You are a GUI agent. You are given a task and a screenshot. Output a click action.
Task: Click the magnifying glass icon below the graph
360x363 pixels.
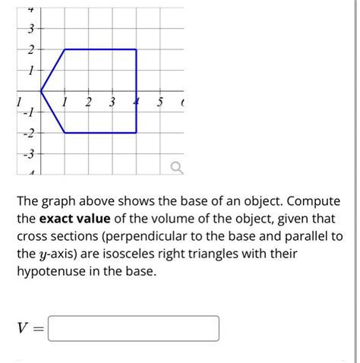(176, 166)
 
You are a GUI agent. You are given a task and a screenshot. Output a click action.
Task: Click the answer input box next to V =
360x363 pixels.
(134, 328)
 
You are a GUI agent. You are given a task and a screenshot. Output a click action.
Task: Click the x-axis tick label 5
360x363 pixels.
(160, 102)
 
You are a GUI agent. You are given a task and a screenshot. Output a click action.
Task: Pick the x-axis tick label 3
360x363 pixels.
(112, 102)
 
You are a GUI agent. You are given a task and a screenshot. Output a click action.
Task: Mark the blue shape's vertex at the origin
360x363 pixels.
(41, 91)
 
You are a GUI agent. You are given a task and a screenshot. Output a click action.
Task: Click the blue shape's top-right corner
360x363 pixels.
(137, 49)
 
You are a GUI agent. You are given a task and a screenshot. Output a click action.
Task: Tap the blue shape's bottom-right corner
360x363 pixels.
(137, 133)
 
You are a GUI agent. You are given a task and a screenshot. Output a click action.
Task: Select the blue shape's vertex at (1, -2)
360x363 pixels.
(65, 133)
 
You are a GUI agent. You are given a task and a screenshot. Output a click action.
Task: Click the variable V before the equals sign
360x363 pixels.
(22, 329)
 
